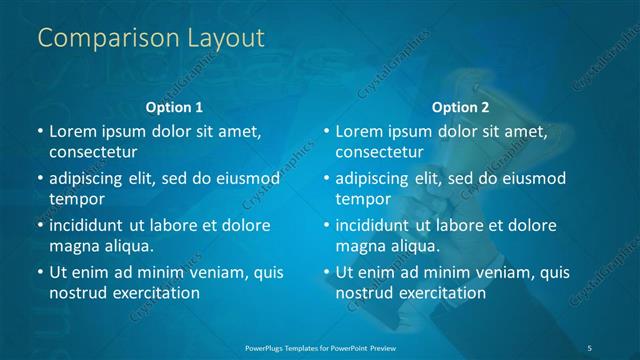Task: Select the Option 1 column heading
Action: tap(174, 106)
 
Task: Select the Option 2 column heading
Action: tap(460, 106)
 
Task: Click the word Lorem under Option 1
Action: tap(72, 132)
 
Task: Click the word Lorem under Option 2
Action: tap(359, 132)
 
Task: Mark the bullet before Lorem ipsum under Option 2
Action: tap(325, 132)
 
